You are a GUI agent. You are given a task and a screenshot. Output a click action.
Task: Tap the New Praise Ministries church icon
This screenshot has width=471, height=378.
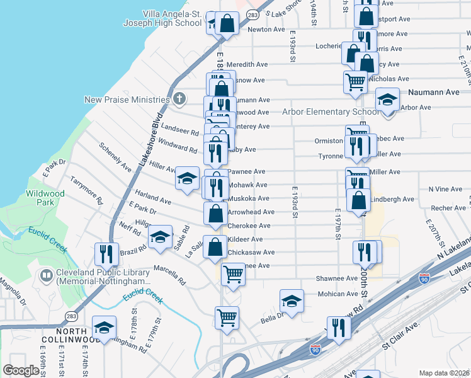(179, 99)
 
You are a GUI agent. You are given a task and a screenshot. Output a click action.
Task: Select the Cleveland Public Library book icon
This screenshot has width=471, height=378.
(46, 275)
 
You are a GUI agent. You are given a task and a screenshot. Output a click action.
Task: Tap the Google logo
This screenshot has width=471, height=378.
(21, 370)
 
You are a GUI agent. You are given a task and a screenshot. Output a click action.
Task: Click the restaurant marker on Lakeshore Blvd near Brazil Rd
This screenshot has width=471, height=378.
(105, 254)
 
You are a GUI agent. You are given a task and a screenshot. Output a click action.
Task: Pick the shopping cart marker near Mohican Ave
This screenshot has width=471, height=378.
(233, 274)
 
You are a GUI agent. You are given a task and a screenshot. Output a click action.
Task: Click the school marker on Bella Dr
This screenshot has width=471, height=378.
(292, 301)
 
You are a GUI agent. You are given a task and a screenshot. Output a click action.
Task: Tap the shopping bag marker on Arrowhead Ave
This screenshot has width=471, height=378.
(215, 212)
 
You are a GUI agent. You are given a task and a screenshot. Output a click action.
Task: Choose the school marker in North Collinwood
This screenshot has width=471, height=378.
(104, 327)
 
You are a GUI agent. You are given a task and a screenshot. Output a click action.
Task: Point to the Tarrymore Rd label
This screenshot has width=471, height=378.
(86, 191)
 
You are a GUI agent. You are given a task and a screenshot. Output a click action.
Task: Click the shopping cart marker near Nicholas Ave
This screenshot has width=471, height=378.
(355, 82)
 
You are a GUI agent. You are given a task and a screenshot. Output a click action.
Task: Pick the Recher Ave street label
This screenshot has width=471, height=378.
(448, 208)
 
